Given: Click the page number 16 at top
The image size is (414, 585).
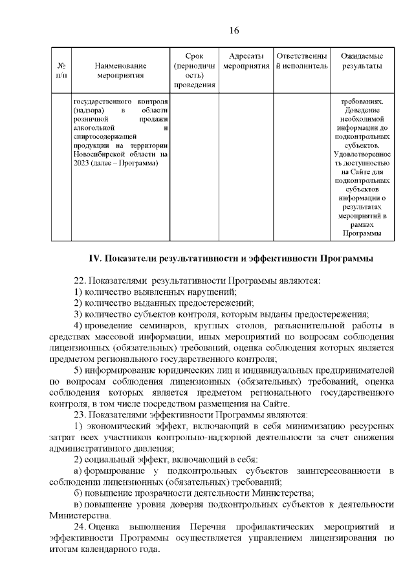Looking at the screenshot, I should (x=234, y=31).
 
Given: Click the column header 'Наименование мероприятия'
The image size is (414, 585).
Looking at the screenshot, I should (x=120, y=70).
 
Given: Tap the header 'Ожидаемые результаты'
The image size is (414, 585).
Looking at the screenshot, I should (x=361, y=61).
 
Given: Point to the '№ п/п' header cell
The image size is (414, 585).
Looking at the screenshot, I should (x=61, y=70).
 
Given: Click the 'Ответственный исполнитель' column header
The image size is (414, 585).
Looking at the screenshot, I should (x=301, y=61).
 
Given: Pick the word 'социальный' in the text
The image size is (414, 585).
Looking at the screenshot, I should (x=108, y=459).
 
